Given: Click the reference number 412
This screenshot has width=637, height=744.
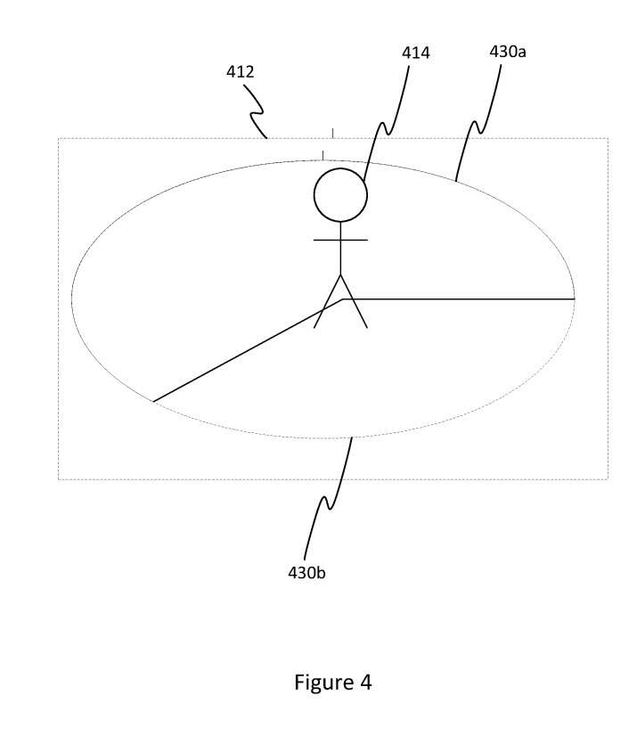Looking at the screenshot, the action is [240, 71].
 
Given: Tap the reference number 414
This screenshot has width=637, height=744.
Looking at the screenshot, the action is [416, 53].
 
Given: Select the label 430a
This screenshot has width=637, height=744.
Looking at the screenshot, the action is [508, 52].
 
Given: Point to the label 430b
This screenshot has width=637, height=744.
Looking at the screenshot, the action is [306, 573].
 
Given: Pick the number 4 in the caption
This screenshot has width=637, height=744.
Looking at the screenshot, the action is [365, 683].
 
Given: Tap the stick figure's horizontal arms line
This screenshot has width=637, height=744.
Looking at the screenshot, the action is [340, 240].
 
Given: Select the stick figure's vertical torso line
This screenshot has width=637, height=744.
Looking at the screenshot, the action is [340, 248].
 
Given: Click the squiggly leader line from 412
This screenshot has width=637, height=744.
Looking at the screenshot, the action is [256, 112].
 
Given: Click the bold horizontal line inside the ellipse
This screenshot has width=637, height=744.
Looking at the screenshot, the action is [458, 298].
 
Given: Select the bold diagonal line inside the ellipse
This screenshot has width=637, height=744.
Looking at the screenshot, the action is [248, 350].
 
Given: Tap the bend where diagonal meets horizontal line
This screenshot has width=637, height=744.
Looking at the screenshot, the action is [342, 298].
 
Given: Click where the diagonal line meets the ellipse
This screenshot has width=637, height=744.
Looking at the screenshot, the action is [153, 402].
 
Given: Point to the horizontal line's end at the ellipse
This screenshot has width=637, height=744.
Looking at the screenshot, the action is [575, 298].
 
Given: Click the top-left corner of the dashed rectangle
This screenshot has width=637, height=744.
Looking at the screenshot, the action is [58, 138].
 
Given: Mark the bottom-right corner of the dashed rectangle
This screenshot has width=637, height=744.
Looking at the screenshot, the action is [608, 479].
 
